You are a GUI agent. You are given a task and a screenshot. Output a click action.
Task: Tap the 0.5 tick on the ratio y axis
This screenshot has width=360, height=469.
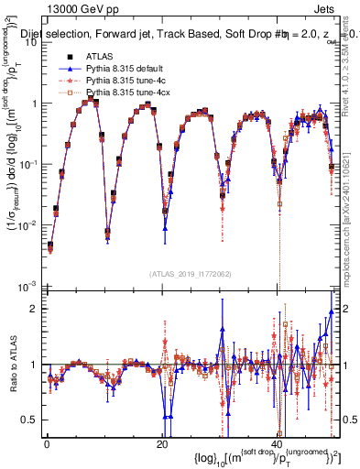[30, 420]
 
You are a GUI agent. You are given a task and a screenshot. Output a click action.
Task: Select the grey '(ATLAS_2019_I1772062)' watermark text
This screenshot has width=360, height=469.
[189, 272]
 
